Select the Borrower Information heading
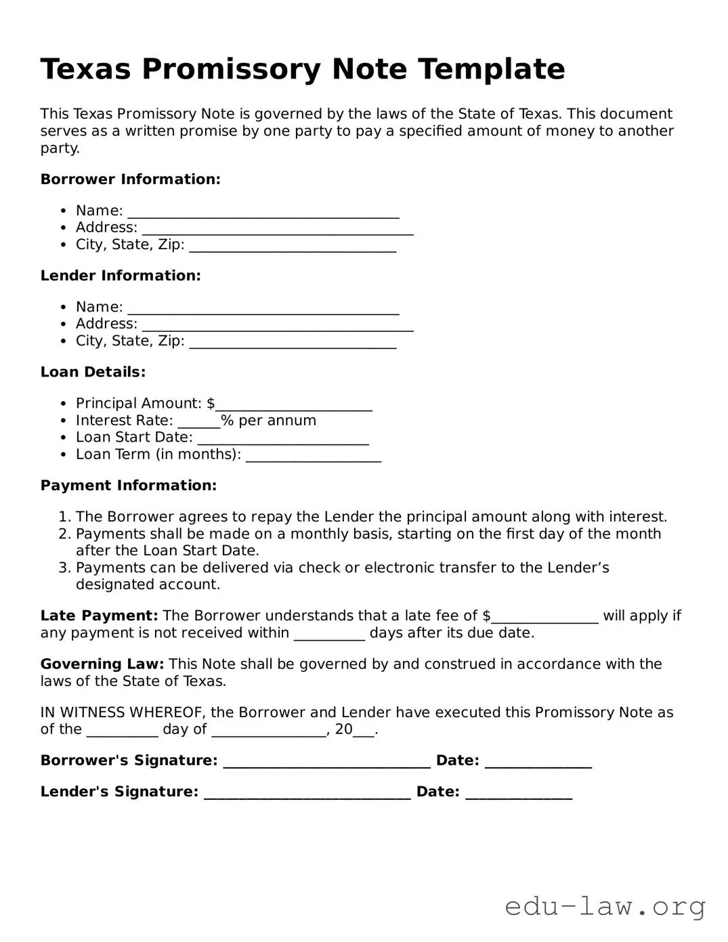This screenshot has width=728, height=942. (130, 179)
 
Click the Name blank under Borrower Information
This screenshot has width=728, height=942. (263, 212)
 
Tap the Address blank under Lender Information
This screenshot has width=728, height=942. (278, 325)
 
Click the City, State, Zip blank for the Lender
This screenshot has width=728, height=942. (293, 342)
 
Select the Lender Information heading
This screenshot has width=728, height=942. (121, 276)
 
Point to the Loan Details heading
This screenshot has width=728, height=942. (93, 372)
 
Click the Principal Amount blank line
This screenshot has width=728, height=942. (293, 404)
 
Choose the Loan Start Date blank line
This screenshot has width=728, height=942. (283, 438)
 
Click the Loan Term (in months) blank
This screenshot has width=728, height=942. (314, 455)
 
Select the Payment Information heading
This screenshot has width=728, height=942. (129, 486)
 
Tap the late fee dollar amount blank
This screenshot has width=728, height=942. (545, 617)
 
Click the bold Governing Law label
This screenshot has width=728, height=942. (102, 664)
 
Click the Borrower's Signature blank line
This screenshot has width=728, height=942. (326, 762)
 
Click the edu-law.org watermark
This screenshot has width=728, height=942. (605, 906)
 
